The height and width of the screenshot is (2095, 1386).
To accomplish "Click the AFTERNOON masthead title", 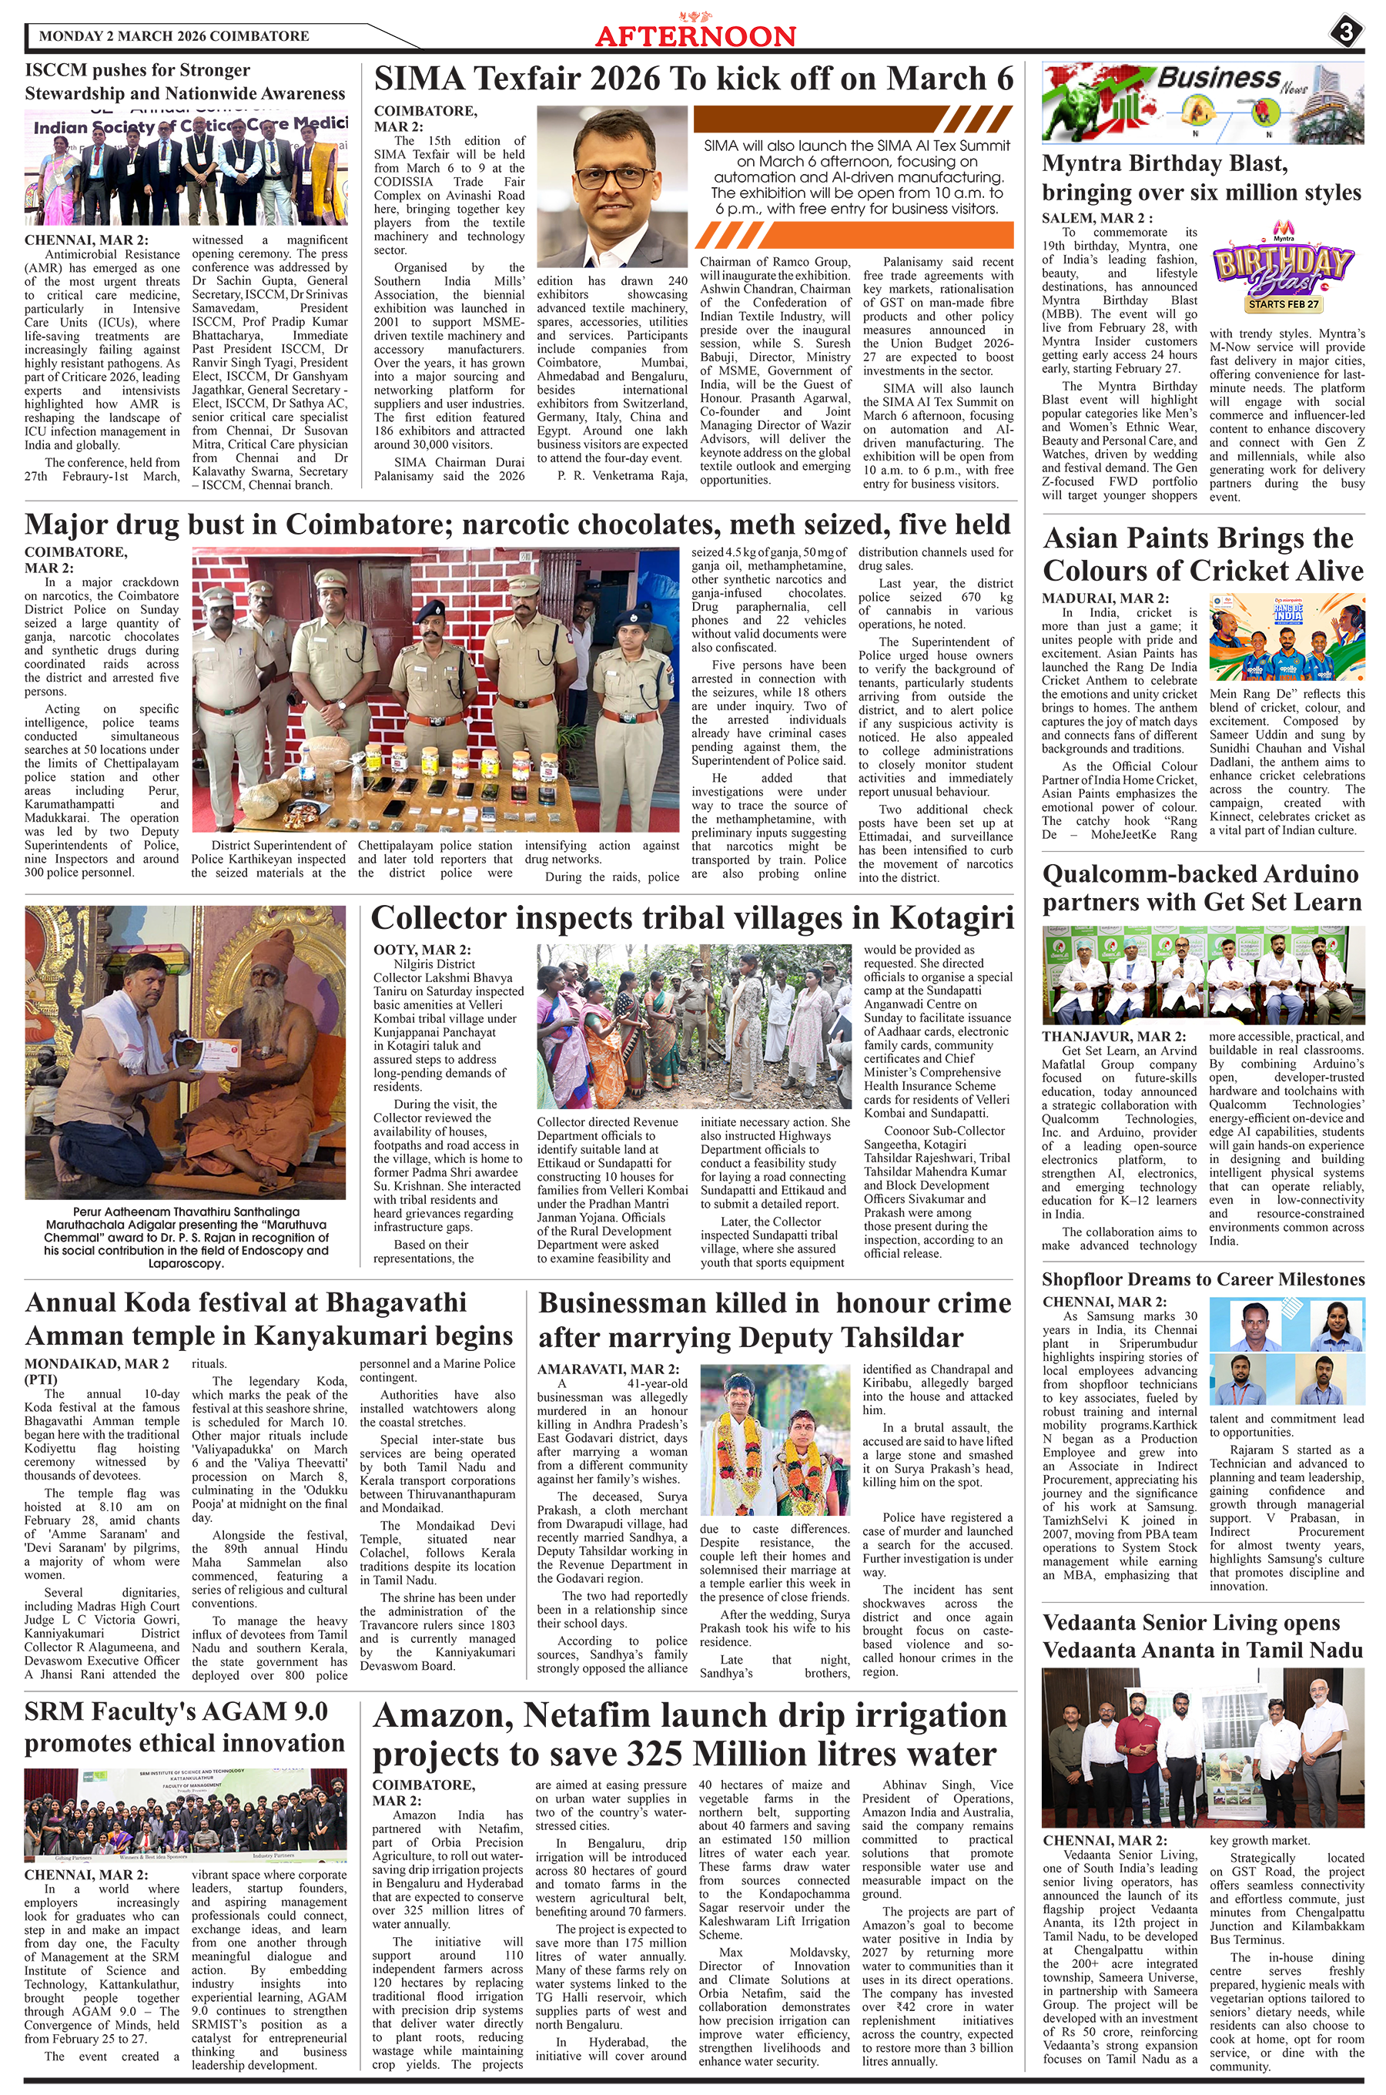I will pyautogui.click(x=695, y=35).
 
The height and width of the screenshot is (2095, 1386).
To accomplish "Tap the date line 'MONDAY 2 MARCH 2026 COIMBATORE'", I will pyautogui.click(x=174, y=36).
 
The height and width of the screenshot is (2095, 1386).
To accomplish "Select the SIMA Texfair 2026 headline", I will pyautogui.click(x=694, y=79).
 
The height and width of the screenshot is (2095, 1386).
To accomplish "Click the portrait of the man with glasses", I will pyautogui.click(x=611, y=179).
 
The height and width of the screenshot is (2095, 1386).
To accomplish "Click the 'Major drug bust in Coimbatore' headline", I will pyautogui.click(x=517, y=525).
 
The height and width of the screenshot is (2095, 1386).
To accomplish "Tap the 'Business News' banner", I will pyautogui.click(x=1202, y=102).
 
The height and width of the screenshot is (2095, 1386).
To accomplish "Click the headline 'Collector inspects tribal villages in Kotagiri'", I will pyautogui.click(x=692, y=917).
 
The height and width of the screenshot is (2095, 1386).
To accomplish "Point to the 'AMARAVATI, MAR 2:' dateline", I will pyautogui.click(x=608, y=1369).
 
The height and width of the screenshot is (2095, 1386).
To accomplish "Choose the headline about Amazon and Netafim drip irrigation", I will pyautogui.click(x=689, y=1735).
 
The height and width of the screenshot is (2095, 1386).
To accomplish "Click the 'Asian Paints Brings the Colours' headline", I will pyautogui.click(x=1202, y=555).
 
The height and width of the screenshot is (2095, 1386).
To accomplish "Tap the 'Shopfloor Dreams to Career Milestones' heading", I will pyautogui.click(x=1202, y=1279).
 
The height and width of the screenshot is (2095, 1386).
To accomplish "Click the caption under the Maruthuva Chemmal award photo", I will pyautogui.click(x=186, y=1237).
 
